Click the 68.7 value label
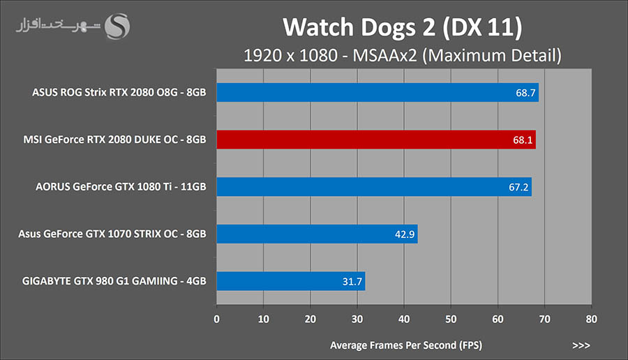(523, 92)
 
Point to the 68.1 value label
(521, 140)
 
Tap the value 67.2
(516, 187)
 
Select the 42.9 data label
(404, 234)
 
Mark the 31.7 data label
(351, 281)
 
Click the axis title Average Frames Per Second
(406, 345)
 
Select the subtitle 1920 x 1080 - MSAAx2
(403, 54)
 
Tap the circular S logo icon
(117, 27)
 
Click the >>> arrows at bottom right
(581, 345)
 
